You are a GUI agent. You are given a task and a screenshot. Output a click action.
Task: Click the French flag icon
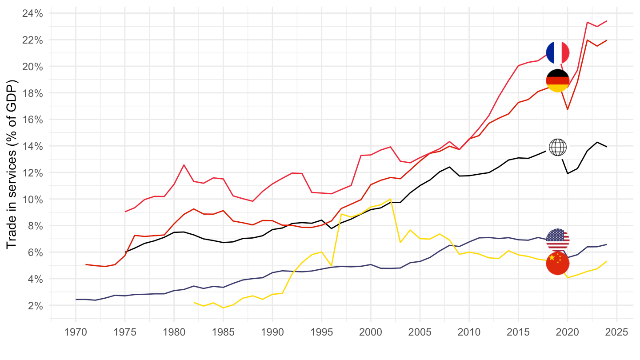tap(558, 52)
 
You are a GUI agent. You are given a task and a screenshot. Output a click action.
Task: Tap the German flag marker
tap(558, 80)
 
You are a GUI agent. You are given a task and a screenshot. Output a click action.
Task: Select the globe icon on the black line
tap(558, 147)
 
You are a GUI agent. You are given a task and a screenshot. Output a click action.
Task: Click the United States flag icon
tap(558, 240)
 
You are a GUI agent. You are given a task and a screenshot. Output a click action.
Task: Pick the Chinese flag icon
tap(558, 263)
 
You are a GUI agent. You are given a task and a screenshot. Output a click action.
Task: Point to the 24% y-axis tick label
tap(32, 13)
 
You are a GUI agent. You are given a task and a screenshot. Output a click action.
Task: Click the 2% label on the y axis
tap(35, 305)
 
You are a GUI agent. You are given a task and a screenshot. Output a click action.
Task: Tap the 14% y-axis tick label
tap(32, 146)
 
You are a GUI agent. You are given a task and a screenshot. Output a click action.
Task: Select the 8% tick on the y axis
tap(35, 226)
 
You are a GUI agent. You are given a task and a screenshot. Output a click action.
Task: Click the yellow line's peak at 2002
tap(390, 199)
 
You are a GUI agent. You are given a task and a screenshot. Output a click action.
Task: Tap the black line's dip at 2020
tap(568, 173)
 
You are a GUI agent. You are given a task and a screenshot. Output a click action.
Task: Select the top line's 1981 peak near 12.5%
tap(184, 165)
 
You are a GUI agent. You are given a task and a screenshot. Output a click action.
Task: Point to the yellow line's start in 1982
tap(194, 302)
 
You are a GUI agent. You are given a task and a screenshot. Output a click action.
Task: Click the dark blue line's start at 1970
tap(76, 300)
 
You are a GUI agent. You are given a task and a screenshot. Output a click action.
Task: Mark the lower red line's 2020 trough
tap(568, 109)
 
